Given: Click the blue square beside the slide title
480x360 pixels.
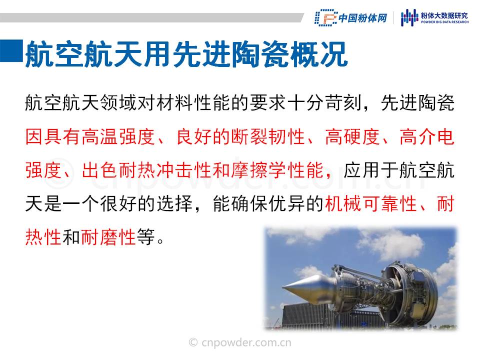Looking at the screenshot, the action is coord(11,50).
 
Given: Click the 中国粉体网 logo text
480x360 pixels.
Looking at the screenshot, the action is coord(362,18).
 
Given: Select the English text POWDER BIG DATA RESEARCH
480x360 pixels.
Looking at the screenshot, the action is coord(444,22).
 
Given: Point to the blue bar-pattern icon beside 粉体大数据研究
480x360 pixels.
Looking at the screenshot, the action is coord(409,17).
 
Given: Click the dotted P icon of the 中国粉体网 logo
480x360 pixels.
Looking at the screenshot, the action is coord(325,18).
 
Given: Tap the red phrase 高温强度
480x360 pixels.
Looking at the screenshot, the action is coord(119,136).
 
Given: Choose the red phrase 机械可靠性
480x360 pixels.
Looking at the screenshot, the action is coord(371,204).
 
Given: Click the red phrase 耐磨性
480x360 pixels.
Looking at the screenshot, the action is coord(108,237).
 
